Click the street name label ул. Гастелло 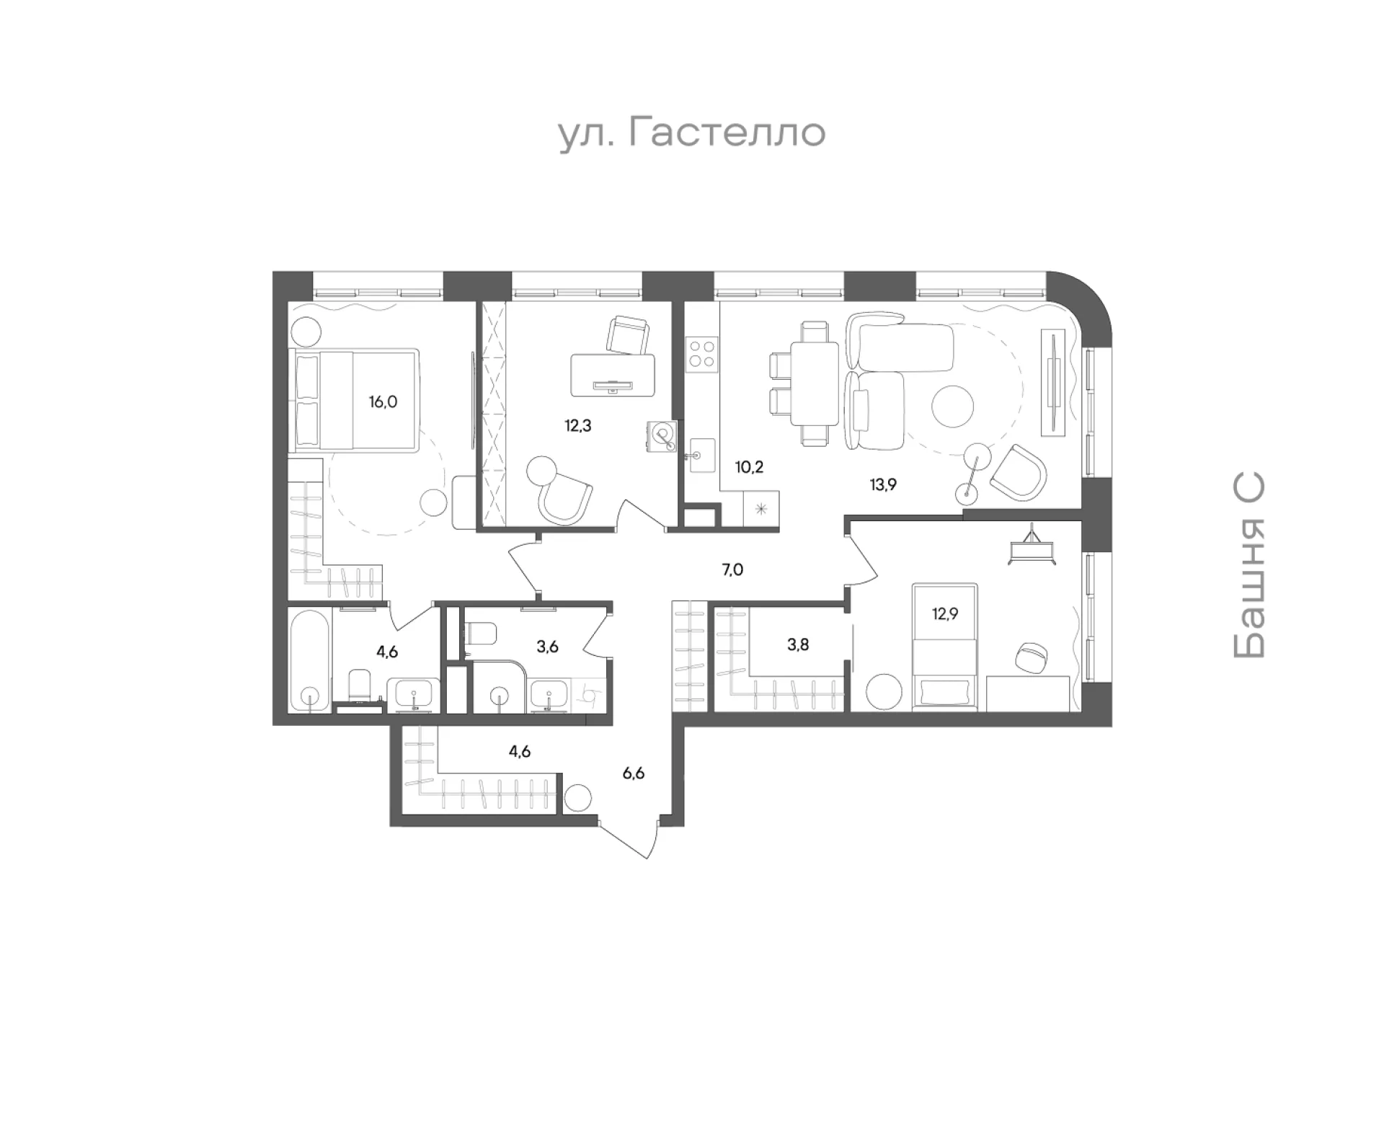click(x=692, y=133)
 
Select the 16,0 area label click(x=383, y=402)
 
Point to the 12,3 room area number click(x=577, y=425)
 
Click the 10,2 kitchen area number click(x=749, y=466)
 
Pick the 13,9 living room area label click(x=882, y=484)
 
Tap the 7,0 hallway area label click(x=732, y=570)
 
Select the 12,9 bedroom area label click(x=944, y=614)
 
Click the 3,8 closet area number click(x=797, y=644)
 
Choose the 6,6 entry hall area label click(x=633, y=773)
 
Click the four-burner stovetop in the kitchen click(x=702, y=354)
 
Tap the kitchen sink click(x=702, y=455)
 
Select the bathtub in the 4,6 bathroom click(x=310, y=660)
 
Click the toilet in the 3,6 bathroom click(x=481, y=633)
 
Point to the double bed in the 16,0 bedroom click(x=354, y=401)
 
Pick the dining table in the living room click(x=815, y=386)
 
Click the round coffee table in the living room click(x=953, y=407)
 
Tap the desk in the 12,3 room click(x=613, y=375)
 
